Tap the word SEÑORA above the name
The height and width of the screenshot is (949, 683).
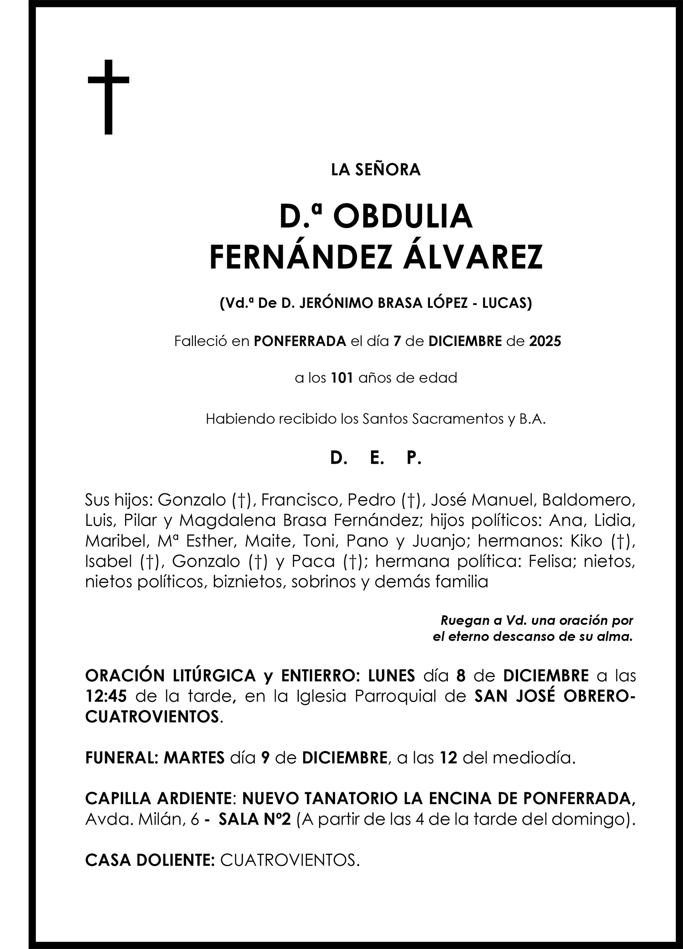click(x=387, y=170)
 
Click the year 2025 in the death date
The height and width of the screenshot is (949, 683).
click(x=545, y=341)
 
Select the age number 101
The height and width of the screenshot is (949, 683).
click(x=342, y=378)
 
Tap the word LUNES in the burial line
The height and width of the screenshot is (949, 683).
click(x=392, y=675)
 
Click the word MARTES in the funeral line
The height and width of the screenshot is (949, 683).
click(x=194, y=758)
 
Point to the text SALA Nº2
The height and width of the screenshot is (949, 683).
click(x=255, y=819)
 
